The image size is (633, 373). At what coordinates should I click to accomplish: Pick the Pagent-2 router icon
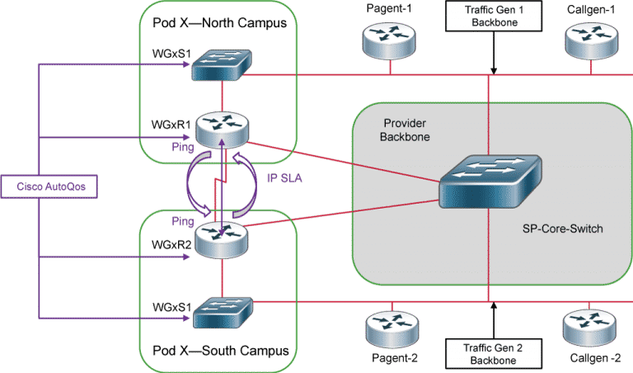pyautogui.click(x=385, y=328)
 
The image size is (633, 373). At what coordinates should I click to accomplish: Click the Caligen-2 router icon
pyautogui.click(x=588, y=328)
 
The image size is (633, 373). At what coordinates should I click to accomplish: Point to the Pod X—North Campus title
pyautogui.click(x=224, y=22)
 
